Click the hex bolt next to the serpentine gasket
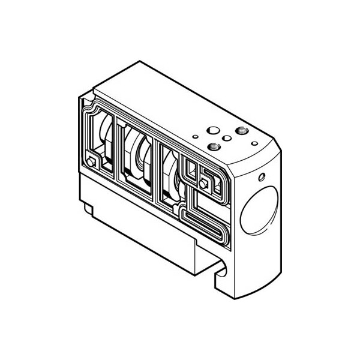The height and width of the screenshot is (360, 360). [204, 183]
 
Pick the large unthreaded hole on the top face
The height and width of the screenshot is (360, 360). [211, 130]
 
